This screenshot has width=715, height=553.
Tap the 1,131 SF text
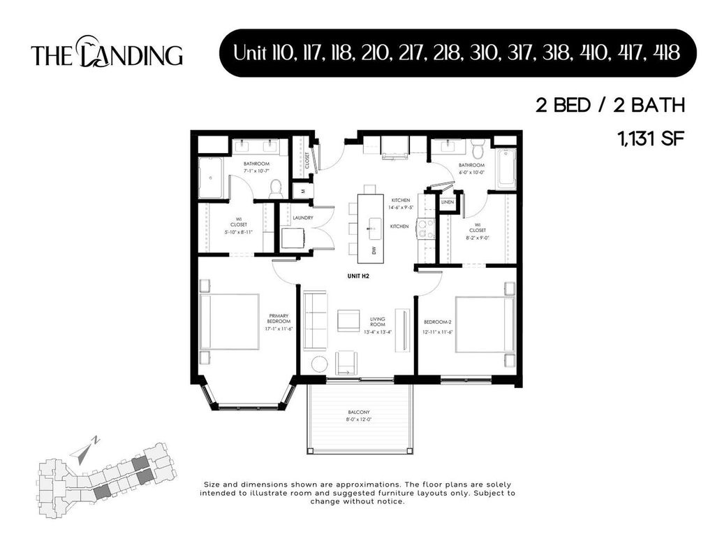649,138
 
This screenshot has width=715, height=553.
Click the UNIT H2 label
358,276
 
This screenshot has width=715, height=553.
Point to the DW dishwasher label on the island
374,250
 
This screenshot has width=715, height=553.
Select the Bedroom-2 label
438,325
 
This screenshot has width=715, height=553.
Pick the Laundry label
302,217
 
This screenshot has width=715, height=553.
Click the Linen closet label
447,203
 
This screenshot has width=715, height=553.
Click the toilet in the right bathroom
478,149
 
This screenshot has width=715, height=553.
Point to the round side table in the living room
320,364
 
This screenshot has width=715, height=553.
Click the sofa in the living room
314,321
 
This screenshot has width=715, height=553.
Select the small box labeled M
303,189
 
